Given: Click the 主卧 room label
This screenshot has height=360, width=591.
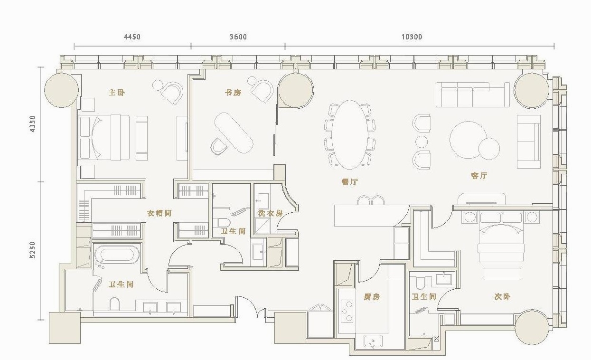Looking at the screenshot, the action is [x=117, y=93].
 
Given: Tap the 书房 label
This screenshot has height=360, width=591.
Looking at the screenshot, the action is [x=233, y=93].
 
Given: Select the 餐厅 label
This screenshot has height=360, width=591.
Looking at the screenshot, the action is [x=349, y=181].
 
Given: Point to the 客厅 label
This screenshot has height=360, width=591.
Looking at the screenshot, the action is [x=479, y=176].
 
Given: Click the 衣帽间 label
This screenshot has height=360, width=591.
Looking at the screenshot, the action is [x=159, y=213].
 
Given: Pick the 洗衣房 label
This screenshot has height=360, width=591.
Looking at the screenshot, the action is [x=270, y=213].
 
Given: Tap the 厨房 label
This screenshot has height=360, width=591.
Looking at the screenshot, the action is [x=372, y=297].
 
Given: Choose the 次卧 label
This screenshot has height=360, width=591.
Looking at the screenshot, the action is [x=502, y=297].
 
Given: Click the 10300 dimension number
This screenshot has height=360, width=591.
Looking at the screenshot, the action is [x=412, y=37].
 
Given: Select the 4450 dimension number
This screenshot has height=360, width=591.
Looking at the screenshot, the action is [x=132, y=37].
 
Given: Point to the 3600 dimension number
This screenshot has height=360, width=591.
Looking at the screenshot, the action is [x=238, y=37].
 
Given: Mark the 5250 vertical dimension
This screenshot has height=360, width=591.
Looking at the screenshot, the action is [x=32, y=250].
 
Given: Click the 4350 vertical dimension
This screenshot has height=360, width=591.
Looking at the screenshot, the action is [x=32, y=124].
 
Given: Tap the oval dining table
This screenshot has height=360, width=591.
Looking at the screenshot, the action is [x=350, y=134].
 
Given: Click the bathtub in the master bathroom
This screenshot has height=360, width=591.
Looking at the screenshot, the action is [x=117, y=255].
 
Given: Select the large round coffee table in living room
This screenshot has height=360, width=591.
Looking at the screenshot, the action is [x=469, y=140].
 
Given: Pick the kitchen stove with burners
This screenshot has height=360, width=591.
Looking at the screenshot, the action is [x=347, y=311].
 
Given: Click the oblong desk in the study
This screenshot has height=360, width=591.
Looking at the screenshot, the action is [x=234, y=133].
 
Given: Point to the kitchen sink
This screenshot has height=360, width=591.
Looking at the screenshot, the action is [x=373, y=341].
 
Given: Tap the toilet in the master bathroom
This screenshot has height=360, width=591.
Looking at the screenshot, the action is [x=114, y=304].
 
